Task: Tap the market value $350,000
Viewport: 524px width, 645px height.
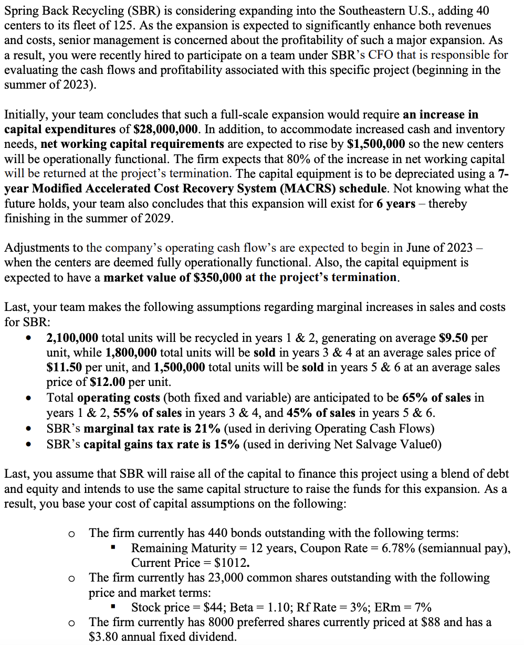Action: (213, 277)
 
